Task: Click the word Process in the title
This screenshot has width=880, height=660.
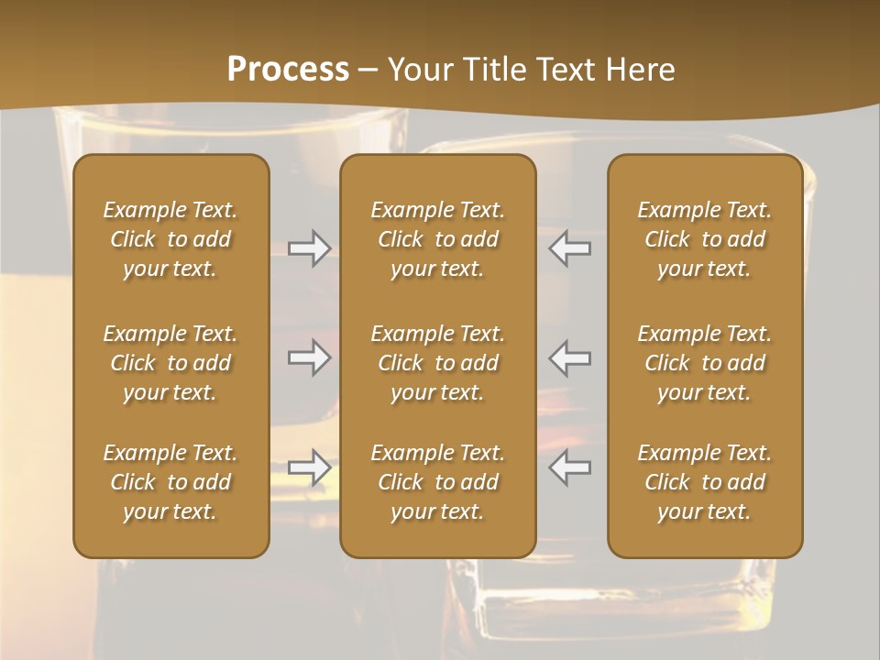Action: click(x=288, y=70)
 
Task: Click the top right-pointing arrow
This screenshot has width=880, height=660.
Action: click(x=309, y=248)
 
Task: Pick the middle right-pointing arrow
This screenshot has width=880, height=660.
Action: click(x=309, y=357)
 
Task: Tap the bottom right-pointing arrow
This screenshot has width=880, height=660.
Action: click(x=309, y=467)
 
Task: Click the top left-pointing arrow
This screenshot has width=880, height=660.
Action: click(x=570, y=248)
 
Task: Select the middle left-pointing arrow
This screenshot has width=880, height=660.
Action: click(x=570, y=357)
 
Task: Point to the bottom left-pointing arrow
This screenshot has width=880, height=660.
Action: click(x=570, y=467)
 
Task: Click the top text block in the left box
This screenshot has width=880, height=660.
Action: click(x=170, y=239)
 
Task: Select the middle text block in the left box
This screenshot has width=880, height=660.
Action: click(x=170, y=363)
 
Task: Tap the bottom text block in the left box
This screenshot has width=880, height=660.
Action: click(x=170, y=482)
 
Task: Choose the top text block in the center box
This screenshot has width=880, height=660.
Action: click(x=438, y=239)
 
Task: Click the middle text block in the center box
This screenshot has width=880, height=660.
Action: click(x=438, y=363)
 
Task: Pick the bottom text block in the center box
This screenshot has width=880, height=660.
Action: click(x=438, y=482)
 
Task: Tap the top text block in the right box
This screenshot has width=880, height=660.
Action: click(x=705, y=239)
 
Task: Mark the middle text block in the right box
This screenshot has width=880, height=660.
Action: click(x=705, y=363)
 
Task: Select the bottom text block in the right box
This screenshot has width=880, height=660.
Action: click(x=705, y=482)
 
